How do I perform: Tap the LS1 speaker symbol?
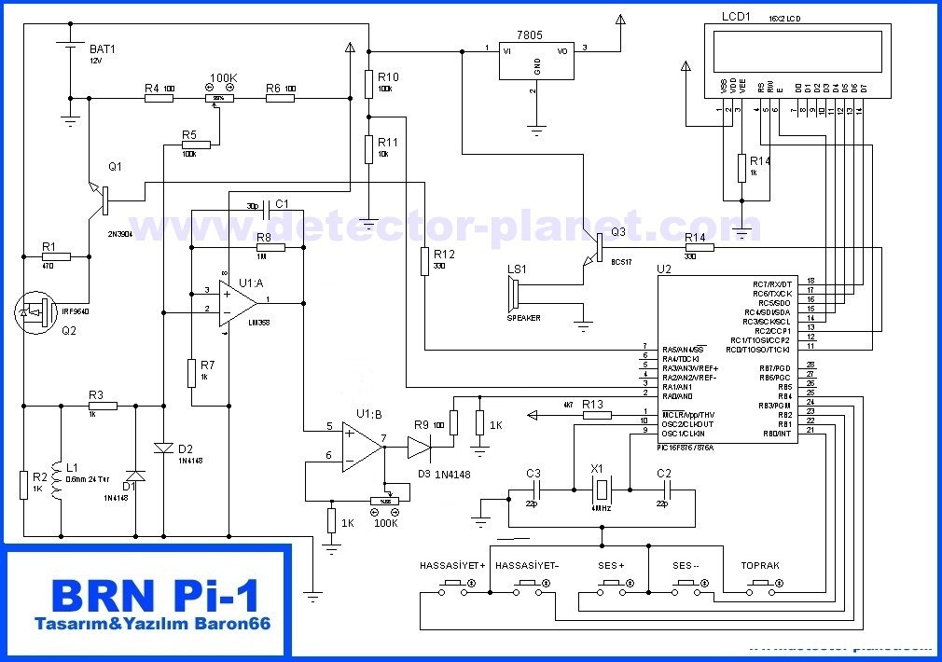[x=513, y=296]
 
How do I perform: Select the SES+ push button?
[x=611, y=585]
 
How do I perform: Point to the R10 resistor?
[x=369, y=82]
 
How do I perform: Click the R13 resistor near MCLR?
[x=595, y=415]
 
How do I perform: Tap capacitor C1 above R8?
[x=268, y=206]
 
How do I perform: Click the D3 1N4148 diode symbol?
[x=420, y=449]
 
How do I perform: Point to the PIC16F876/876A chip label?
[x=699, y=447]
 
